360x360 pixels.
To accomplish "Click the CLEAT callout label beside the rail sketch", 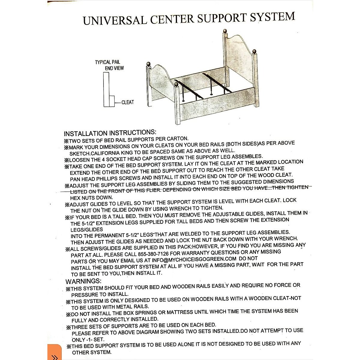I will pyautogui.click(x=127, y=102).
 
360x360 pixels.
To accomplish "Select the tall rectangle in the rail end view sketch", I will pyautogui.click(x=106, y=90).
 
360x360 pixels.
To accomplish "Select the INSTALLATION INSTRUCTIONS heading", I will pyautogui.click(x=110, y=133).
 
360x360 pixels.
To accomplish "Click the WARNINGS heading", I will pyautogui.click(x=83, y=281).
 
